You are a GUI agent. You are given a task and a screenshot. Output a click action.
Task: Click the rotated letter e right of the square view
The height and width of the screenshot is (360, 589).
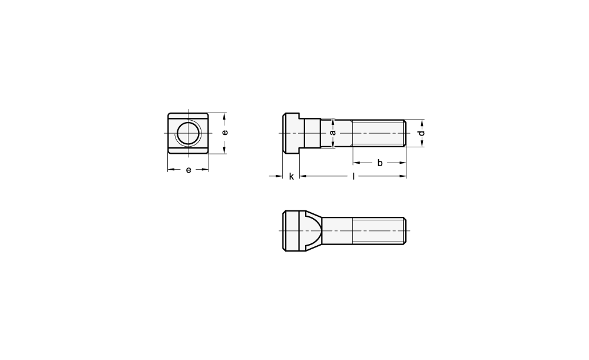(224, 133)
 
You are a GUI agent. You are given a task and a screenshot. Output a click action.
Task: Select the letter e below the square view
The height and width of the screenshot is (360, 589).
(188, 170)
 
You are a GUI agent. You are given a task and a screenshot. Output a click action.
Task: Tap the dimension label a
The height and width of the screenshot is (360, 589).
(332, 133)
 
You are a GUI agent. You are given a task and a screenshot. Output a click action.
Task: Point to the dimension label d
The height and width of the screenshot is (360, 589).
(422, 133)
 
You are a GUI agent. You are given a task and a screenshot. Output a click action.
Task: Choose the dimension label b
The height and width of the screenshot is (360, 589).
(380, 163)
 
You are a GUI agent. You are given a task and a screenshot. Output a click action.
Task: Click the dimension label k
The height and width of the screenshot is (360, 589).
(291, 176)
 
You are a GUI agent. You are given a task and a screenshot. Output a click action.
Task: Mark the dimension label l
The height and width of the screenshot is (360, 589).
(353, 176)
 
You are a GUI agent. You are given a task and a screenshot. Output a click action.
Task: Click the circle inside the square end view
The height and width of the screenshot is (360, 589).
(187, 133)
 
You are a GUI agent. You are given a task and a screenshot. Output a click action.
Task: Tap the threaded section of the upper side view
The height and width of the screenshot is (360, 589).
(379, 133)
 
